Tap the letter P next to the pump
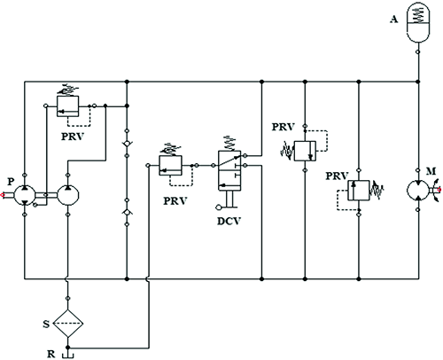coord(10,180)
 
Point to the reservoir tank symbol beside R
coord(67,351)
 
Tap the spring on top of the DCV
coord(229,141)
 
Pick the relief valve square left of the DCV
coord(168,163)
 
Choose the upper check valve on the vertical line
coord(128,142)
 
